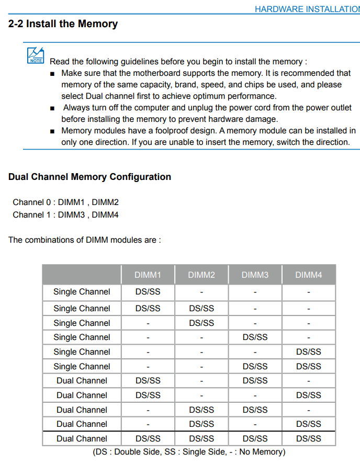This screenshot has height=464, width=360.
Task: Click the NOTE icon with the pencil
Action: pyautogui.click(x=36, y=55)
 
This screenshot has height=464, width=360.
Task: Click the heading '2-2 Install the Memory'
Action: pyautogui.click(x=63, y=24)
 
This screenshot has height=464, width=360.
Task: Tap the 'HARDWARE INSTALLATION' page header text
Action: pyautogui.click(x=307, y=9)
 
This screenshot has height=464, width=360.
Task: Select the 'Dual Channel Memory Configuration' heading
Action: pyautogui.click(x=89, y=177)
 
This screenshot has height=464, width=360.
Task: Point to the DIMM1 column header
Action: pyautogui.click(x=148, y=275)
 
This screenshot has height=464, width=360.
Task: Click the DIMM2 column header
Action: pyautogui.click(x=201, y=275)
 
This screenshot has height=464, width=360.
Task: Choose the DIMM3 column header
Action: pyautogui.click(x=255, y=275)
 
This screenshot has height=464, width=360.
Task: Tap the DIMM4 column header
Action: pyautogui.click(x=309, y=275)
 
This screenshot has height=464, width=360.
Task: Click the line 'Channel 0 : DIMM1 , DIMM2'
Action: pyautogui.click(x=65, y=202)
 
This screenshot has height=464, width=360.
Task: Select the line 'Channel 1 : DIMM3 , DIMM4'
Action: pyautogui.click(x=65, y=214)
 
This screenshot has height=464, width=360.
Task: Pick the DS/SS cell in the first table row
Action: pyautogui.click(x=148, y=292)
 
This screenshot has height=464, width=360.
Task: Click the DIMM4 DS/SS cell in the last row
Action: pyautogui.click(x=309, y=438)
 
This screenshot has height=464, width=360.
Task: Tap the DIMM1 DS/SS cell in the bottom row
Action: pyautogui.click(x=148, y=438)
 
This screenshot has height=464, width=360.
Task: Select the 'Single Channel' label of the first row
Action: pyautogui.click(x=82, y=292)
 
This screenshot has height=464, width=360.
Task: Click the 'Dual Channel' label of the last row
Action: pyautogui.click(x=82, y=438)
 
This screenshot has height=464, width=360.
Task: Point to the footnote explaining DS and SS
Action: pyautogui.click(x=189, y=451)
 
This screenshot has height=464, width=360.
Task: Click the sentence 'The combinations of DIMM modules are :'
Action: pyautogui.click(x=85, y=240)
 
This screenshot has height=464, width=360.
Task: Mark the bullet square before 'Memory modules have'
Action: pyautogui.click(x=52, y=131)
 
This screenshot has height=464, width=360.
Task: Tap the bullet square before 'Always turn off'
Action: pyautogui.click(x=52, y=108)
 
